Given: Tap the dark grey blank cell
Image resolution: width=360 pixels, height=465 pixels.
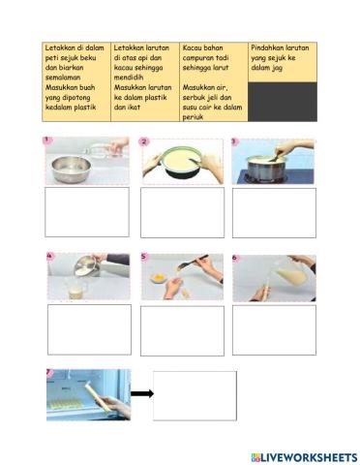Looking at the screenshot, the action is (x=283, y=102).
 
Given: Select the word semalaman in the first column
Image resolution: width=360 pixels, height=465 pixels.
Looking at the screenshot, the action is (x=63, y=77).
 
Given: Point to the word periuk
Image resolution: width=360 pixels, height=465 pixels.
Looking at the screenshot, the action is (x=193, y=117).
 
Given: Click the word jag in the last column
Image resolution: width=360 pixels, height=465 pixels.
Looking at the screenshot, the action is (x=277, y=68).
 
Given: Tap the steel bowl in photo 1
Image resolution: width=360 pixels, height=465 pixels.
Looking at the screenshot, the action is (x=71, y=169).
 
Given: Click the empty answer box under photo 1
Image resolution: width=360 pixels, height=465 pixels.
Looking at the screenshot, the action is (x=87, y=212).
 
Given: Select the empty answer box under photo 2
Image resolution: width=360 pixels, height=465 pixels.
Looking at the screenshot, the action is (x=182, y=212).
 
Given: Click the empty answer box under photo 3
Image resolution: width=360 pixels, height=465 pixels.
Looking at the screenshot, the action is (x=274, y=213).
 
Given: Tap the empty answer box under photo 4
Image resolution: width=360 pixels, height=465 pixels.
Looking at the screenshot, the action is (x=89, y=329).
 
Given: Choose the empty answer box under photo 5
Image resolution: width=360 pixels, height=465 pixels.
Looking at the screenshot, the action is (x=182, y=331).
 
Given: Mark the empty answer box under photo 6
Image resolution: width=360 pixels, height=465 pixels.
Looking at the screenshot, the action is (x=274, y=330).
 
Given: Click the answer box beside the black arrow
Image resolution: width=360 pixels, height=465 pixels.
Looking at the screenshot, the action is (x=195, y=395).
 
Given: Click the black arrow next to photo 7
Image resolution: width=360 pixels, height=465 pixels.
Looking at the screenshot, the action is (x=142, y=393).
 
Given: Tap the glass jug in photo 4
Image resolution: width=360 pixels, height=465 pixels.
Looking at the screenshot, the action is (x=76, y=289).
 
